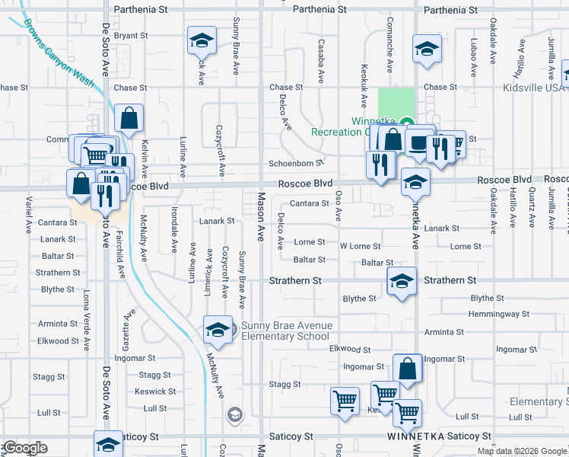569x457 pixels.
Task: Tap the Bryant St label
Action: point(130,36)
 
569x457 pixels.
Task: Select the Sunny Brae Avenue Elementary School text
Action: point(286,331)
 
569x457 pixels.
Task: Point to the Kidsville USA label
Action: point(532,88)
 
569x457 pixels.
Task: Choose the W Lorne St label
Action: point(359,246)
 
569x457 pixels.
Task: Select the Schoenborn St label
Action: point(296,164)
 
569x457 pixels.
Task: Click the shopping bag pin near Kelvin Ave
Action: point(129,118)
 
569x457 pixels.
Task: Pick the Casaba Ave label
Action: point(322,61)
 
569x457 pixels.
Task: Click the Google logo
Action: point(24,448)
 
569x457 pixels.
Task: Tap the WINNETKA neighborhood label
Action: point(415,437)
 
